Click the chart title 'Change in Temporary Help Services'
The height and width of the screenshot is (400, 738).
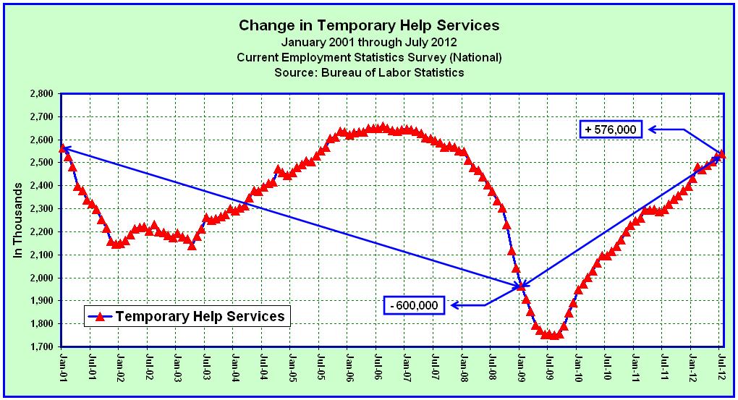pos(369,25)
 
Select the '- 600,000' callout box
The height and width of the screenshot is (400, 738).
pos(413,305)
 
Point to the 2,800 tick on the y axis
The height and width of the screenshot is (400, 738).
pos(43,93)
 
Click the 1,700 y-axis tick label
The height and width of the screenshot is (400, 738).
pos(43,347)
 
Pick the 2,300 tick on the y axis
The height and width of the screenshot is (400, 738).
pos(43,209)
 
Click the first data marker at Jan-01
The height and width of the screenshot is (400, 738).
pos(63,148)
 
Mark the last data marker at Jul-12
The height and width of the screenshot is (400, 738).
pos(721,153)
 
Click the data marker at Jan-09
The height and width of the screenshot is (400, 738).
pos(520,286)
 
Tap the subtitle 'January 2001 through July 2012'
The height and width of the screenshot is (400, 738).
pos(369,42)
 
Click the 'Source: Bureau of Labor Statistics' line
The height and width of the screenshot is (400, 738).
pos(369,72)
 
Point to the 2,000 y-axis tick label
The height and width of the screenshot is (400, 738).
pos(43,278)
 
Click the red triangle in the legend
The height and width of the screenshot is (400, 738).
pos(100,316)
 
